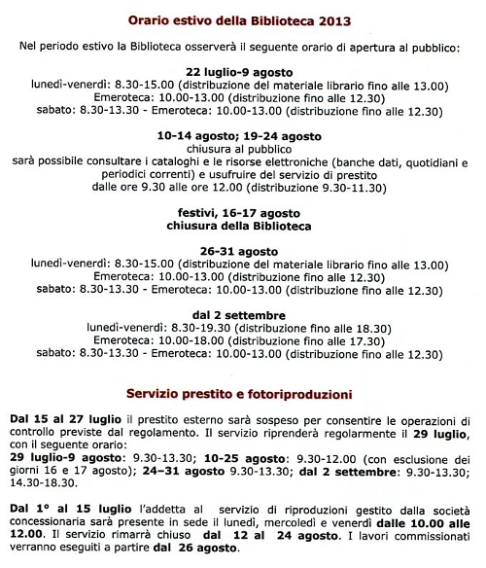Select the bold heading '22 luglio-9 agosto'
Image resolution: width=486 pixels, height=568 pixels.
243,71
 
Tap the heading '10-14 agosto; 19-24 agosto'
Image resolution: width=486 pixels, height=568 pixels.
243,136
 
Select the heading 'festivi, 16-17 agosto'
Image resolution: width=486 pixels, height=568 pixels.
243,214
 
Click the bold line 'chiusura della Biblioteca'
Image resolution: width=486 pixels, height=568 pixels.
243,228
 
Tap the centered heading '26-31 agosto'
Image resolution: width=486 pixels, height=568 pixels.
243,251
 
